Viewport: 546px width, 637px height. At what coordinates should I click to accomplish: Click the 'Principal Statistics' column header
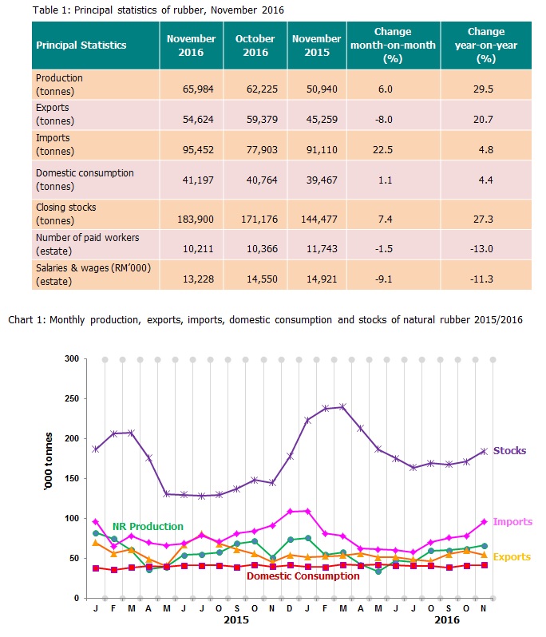coord(81,45)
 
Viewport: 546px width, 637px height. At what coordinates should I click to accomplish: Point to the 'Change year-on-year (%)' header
coord(485,45)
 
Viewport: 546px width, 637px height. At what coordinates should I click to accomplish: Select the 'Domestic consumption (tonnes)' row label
coord(85,178)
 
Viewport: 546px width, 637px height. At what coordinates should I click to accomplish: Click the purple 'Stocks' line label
coord(509,451)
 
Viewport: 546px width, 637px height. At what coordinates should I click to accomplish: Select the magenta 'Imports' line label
coord(513,522)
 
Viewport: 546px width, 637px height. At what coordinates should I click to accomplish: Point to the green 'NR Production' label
coord(148,527)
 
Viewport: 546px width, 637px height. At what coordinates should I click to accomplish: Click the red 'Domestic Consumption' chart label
coord(303,576)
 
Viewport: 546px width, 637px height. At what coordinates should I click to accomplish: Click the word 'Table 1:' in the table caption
coord(53,10)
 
